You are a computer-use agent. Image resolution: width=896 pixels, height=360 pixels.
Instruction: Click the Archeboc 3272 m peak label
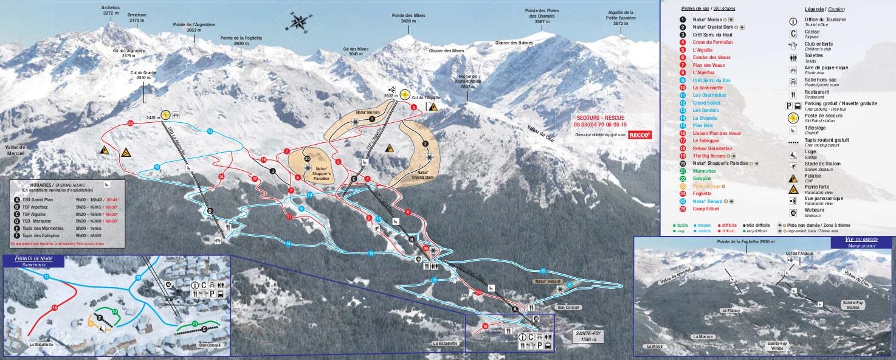click(x=111, y=10)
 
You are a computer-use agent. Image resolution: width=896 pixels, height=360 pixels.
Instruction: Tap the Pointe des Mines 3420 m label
click(x=408, y=18)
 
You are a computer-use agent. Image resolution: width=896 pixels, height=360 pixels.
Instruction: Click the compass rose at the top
click(x=298, y=22)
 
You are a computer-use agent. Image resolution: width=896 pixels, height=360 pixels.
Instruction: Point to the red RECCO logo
click(x=639, y=135)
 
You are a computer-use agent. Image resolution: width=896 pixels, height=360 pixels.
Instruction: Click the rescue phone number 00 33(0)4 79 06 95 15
click(x=599, y=125)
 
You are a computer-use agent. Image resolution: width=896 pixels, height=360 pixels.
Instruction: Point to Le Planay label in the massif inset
click(x=730, y=310)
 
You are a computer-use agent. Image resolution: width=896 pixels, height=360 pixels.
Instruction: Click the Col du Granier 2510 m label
click(x=143, y=75)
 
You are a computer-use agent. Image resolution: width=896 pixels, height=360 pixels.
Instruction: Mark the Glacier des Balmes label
click(x=514, y=43)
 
